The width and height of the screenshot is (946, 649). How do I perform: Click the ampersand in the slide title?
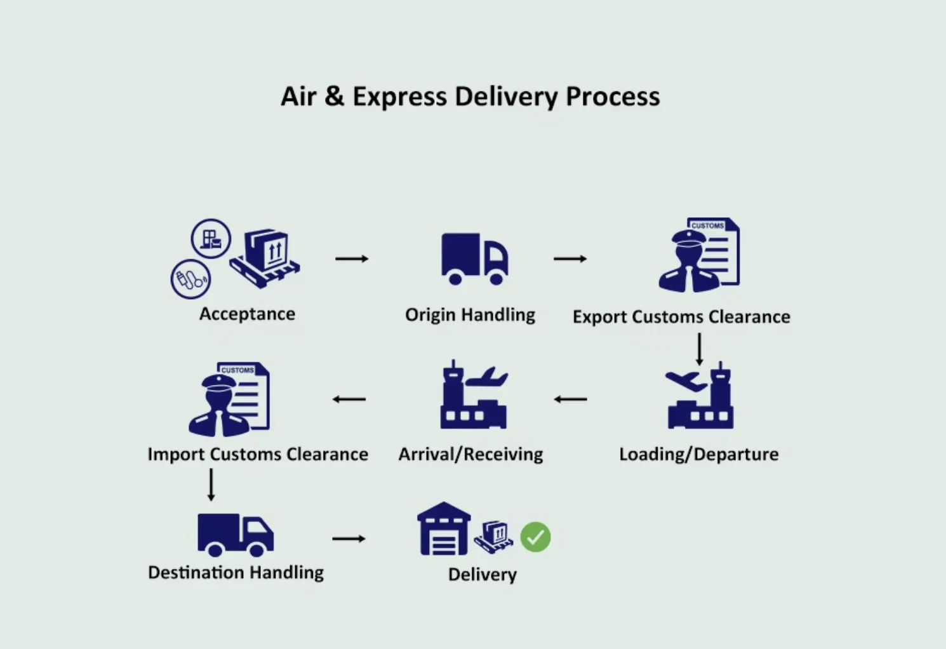334,96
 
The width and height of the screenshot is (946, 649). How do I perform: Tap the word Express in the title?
399,98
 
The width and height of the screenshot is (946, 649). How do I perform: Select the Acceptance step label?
247,314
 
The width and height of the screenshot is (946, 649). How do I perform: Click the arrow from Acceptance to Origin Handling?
352,258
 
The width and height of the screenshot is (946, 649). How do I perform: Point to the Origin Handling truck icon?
475,259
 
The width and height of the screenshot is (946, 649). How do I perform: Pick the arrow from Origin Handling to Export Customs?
570,258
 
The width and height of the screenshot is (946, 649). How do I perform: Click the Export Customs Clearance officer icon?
699,255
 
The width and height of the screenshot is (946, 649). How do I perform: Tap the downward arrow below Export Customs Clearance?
700,349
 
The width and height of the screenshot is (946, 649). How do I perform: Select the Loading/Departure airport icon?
700,395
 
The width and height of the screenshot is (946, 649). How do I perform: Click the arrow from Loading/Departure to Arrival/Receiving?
570,399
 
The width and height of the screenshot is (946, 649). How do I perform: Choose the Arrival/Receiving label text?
470,455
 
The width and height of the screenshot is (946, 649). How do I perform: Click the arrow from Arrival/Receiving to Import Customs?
349,399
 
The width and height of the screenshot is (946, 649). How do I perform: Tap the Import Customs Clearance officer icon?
229,399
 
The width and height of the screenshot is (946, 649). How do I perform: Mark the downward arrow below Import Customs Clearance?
211,485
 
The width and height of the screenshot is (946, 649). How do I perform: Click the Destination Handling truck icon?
236,535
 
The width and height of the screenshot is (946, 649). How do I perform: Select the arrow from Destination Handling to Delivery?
349,539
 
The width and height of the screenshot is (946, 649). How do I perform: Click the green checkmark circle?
535,537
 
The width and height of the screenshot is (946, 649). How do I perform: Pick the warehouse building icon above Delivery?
443,528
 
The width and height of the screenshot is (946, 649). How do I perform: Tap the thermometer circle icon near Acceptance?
191,279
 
